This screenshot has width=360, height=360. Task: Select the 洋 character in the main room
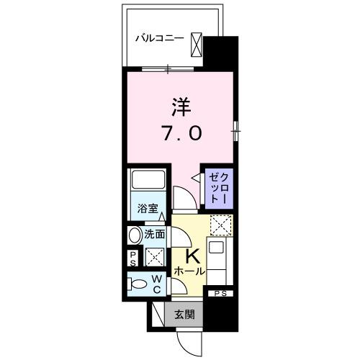(x=181, y=109)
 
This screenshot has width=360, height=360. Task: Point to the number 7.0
(x=181, y=133)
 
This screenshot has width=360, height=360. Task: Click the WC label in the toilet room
(x=156, y=284)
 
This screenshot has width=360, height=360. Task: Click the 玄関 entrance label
(x=184, y=315)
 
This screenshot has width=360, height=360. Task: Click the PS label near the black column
(x=222, y=294)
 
